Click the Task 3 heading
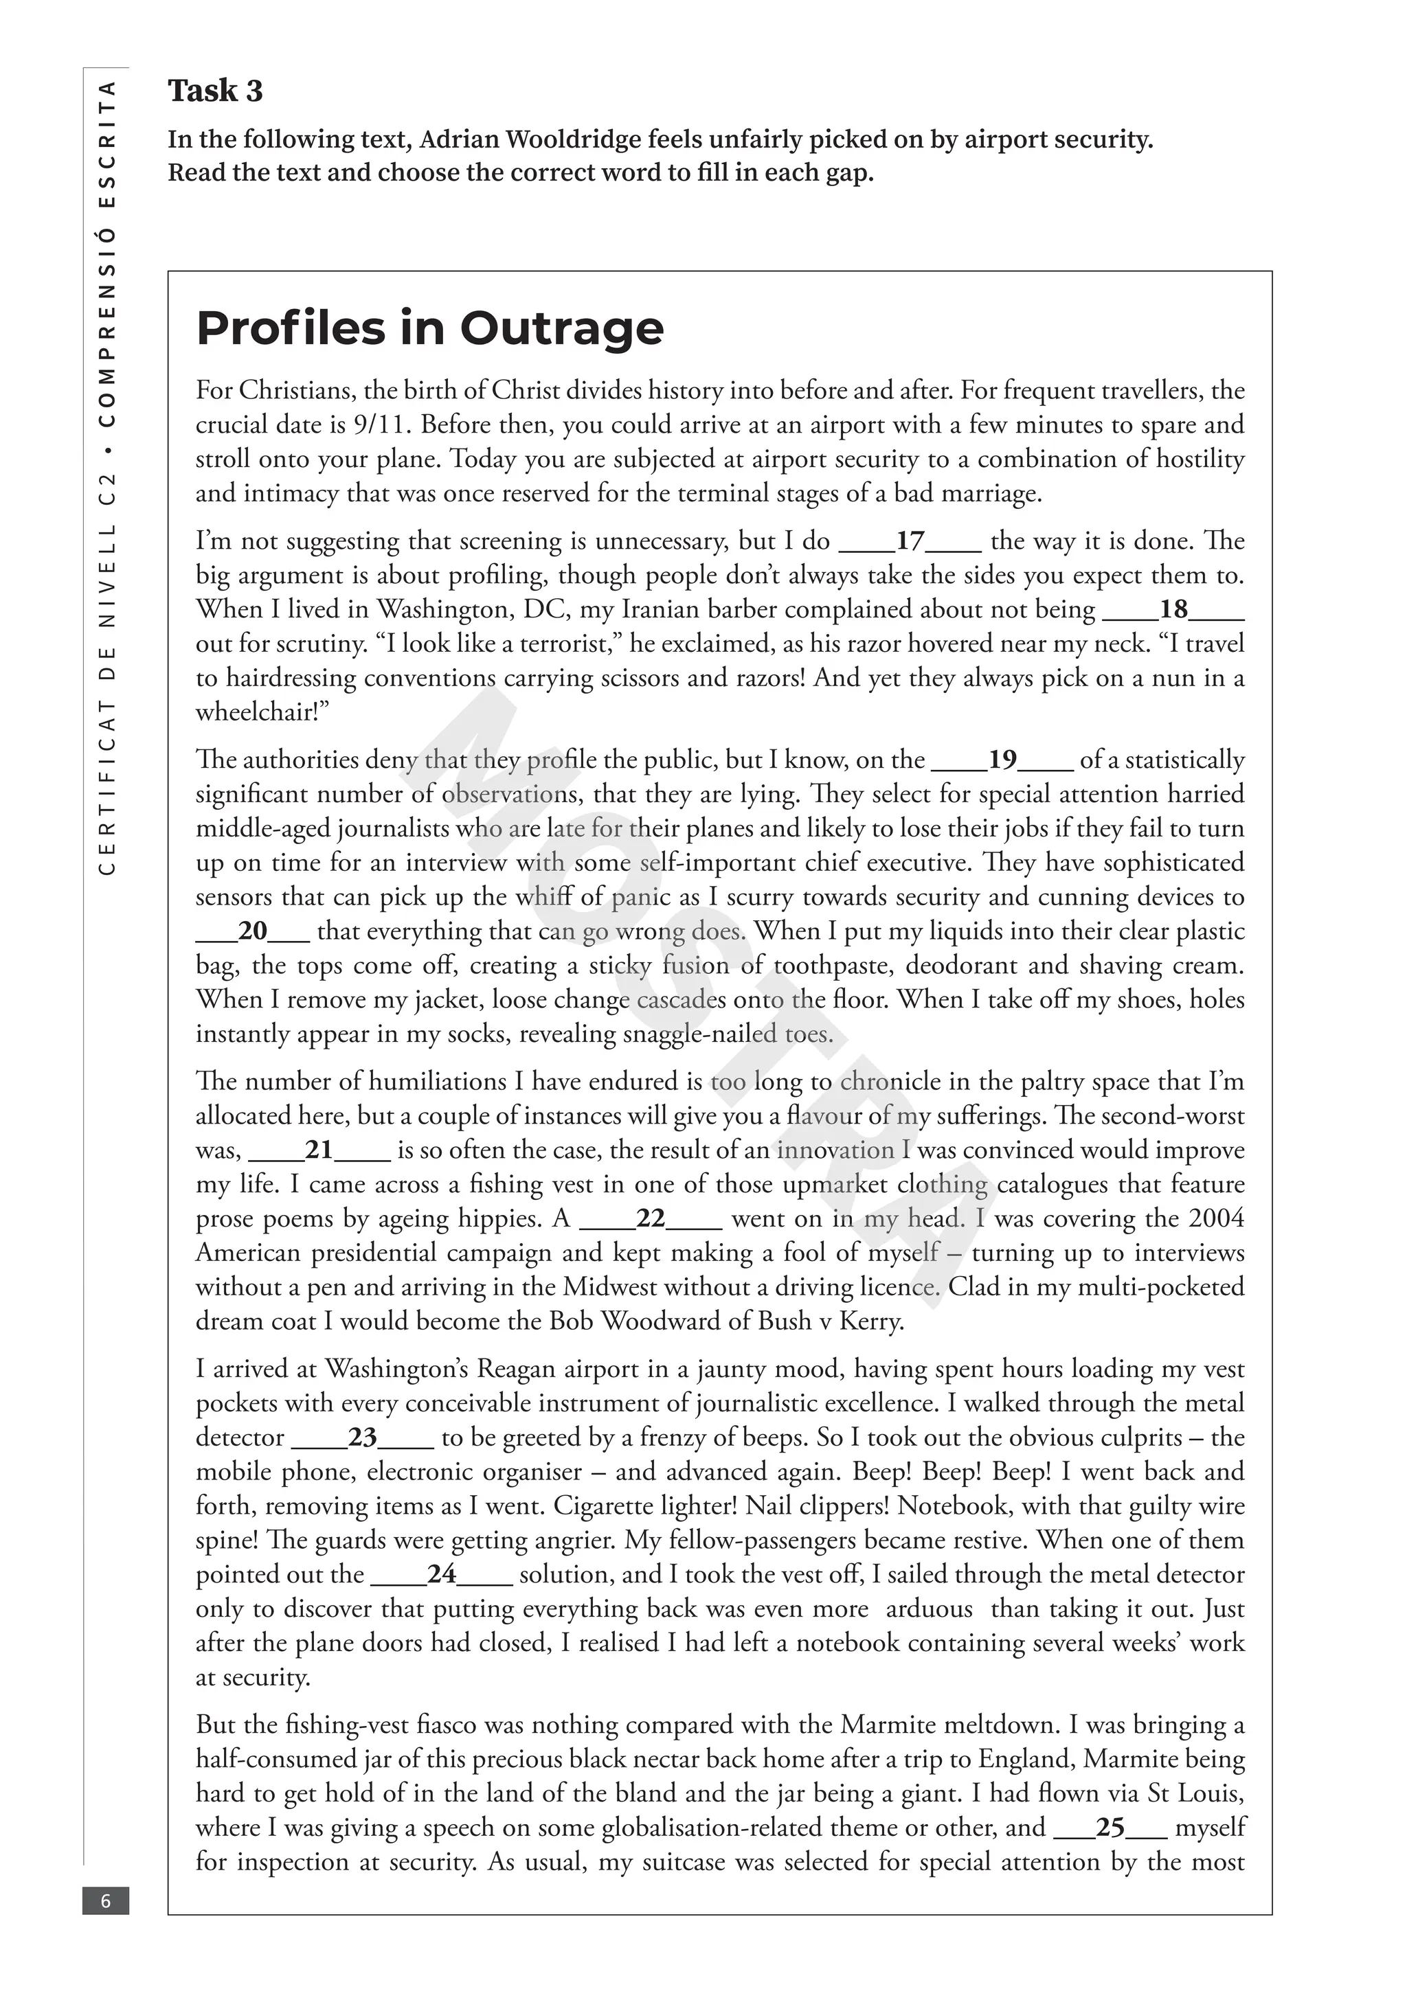pyautogui.click(x=215, y=91)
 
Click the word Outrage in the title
pyautogui.click(x=561, y=328)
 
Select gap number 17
pyautogui.click(x=910, y=541)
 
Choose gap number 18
pyautogui.click(x=1173, y=610)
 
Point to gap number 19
pyautogui.click(x=1002, y=760)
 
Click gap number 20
pyautogui.click(x=252, y=931)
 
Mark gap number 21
pyautogui.click(x=319, y=1150)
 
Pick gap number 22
pyautogui.click(x=650, y=1219)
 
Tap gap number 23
pyautogui.click(x=362, y=1438)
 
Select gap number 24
pyautogui.click(x=441, y=1574)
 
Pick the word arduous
pyautogui.click(x=929, y=1609)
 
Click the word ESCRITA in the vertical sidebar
pyautogui.click(x=107, y=144)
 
